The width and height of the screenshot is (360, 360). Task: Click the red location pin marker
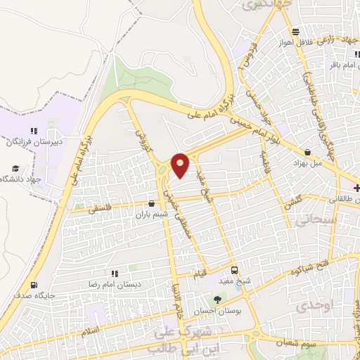click(181, 165)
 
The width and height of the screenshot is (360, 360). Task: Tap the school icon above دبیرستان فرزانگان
click(33, 131)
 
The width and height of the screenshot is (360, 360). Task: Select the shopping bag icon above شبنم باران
click(152, 205)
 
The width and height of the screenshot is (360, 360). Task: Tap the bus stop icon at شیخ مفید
click(234, 270)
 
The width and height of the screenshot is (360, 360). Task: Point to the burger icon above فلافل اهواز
click(296, 31)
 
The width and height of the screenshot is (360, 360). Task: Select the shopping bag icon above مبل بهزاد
click(307, 152)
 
